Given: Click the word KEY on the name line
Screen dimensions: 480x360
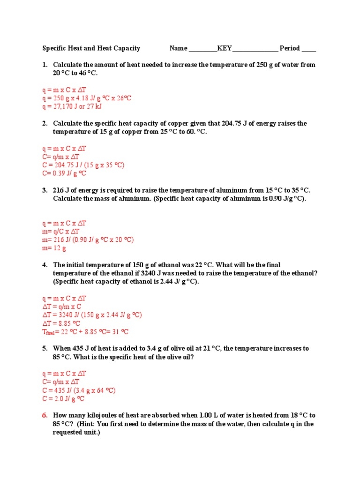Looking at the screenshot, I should pos(225,48).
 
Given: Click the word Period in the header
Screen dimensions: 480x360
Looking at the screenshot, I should pos(289,48).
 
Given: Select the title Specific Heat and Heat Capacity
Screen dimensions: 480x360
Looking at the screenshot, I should pos(91,48).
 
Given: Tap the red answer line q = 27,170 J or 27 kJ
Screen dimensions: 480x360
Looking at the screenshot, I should pos(72,106).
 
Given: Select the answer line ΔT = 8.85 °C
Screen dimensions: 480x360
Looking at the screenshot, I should pos(61,323).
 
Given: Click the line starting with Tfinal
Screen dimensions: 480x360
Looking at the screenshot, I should pos(85,332).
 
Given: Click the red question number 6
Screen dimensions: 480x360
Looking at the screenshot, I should pos(45,415).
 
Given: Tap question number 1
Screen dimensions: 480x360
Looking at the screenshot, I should pos(45,65).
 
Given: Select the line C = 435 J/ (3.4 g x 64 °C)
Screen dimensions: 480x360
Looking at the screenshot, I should pos(79,390).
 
